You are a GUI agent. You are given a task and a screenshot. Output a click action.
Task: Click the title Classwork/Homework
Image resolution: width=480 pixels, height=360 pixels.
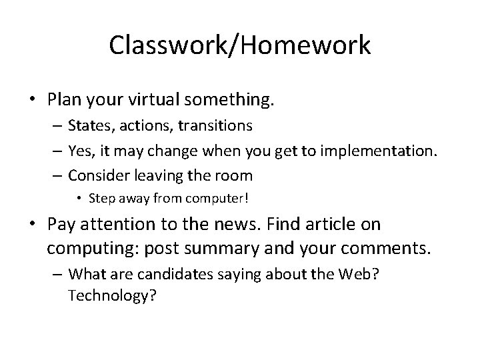[240, 45]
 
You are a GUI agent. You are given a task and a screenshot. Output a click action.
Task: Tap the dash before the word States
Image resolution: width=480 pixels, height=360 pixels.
[58, 125]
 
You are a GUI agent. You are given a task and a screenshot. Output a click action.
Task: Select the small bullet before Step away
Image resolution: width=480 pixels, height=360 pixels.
[80, 198]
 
